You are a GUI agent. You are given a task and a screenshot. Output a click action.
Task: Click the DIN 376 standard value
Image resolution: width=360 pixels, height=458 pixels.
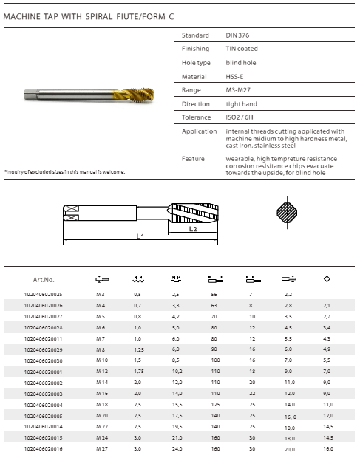tap(237, 35)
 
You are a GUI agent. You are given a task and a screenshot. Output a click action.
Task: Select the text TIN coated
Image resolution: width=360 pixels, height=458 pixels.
tap(242, 49)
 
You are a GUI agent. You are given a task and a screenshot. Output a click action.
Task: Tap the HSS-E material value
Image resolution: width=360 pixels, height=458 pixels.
tap(234, 77)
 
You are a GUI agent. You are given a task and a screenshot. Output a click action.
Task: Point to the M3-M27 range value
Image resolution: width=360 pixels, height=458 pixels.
tap(238, 90)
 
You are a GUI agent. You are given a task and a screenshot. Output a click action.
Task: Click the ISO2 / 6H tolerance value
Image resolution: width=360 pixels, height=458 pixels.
tap(240, 117)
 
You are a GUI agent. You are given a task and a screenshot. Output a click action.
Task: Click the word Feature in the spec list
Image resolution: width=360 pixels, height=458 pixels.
tap(193, 159)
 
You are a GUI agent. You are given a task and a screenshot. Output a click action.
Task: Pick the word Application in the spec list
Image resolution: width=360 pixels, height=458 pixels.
tap(200, 131)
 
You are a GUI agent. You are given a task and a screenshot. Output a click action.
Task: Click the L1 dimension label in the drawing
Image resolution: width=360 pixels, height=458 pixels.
tap(140, 236)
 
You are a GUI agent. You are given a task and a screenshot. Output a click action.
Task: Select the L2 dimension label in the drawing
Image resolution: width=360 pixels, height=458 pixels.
tap(193, 229)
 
